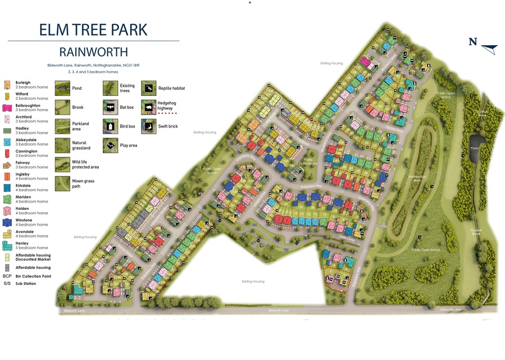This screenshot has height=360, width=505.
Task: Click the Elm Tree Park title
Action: point(93,29)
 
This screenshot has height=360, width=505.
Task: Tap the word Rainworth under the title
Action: point(93,52)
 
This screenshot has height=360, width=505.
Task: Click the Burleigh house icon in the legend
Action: point(7,85)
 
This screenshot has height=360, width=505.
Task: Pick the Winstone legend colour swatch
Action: point(7,222)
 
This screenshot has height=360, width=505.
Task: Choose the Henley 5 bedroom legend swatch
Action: point(7,245)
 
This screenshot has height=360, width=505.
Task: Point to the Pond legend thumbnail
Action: point(63,88)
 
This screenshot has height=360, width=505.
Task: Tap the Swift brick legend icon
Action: point(148,126)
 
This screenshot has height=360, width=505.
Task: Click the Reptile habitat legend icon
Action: point(148,88)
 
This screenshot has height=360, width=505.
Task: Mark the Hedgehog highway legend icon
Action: point(148,107)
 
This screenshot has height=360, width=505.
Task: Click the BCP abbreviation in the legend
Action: point(7,276)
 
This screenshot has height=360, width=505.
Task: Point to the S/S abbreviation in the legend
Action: point(7,283)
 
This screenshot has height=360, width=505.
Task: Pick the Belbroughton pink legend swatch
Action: point(7,108)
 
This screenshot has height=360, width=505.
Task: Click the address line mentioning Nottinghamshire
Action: point(93,66)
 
